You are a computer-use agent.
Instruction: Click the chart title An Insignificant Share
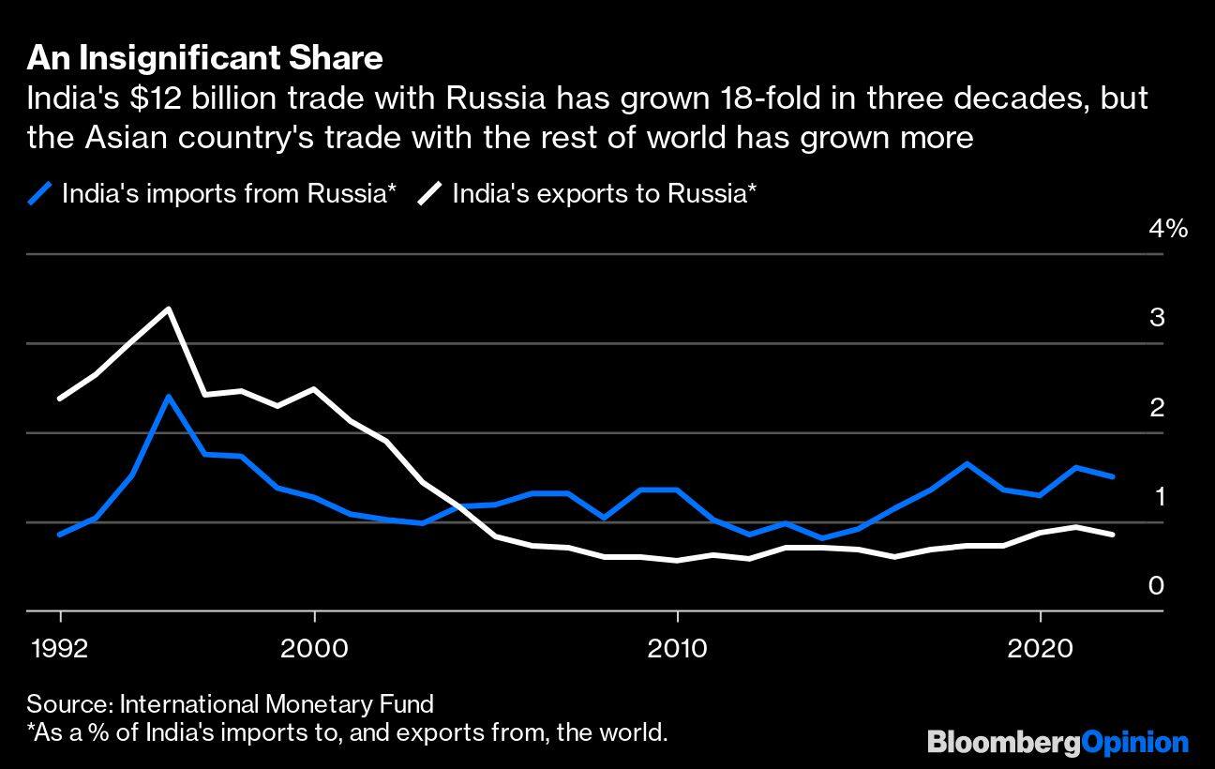point(204,59)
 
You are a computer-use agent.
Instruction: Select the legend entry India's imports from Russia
point(229,194)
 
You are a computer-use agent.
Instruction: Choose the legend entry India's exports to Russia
point(604,194)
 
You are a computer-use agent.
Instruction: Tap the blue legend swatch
point(39,194)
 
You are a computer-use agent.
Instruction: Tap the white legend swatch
point(430,194)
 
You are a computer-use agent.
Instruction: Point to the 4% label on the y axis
point(1168,229)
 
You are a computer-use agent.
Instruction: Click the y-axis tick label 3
point(1157,318)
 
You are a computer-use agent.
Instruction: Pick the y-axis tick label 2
point(1157,407)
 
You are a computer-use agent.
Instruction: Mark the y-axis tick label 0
point(1157,586)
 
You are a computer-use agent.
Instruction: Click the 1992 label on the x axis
point(61,649)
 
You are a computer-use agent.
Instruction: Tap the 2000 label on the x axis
point(315,649)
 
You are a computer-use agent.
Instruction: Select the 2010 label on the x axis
point(677,649)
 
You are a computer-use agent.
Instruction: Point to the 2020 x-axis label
point(1040,649)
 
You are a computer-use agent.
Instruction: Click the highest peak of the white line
point(169,309)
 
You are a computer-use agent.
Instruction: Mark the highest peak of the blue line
point(169,396)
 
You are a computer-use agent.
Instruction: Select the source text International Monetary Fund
point(277,703)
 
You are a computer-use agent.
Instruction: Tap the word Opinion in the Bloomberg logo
point(1134,743)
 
